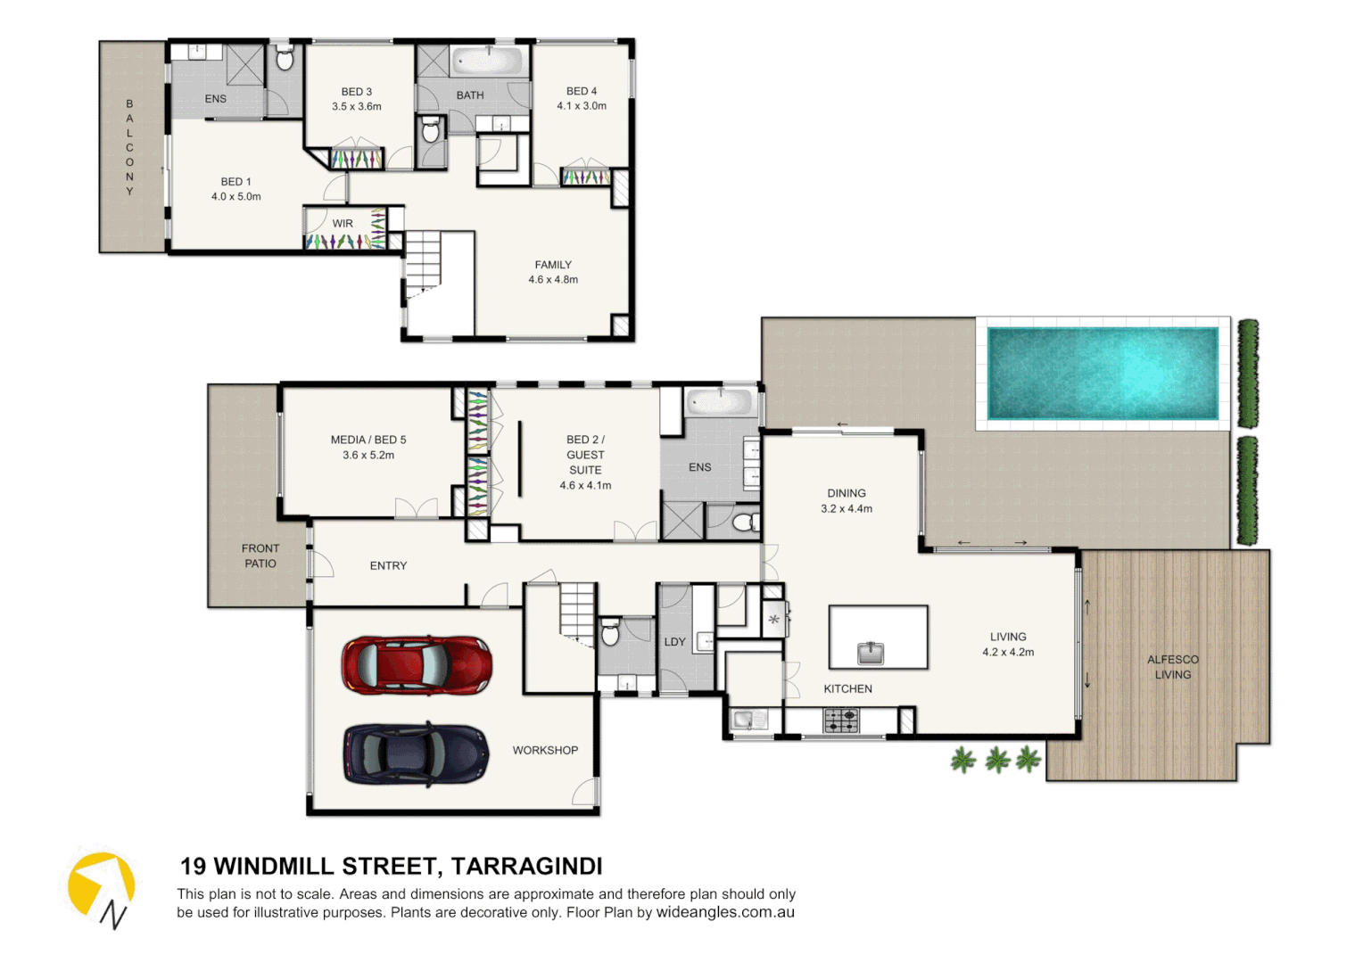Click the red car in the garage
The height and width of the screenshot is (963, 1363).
point(417,665)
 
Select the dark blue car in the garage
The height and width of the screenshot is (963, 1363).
point(417,753)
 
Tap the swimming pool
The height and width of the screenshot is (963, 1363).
point(1103,374)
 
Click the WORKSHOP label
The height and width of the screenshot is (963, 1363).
point(545,751)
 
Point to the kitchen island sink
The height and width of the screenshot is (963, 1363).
point(870,654)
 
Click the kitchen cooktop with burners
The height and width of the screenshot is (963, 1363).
point(840,720)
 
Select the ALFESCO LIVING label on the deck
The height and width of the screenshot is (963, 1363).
point(1172,667)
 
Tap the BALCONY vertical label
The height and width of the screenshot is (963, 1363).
point(130,148)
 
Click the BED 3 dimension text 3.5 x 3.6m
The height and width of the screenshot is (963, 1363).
point(357,107)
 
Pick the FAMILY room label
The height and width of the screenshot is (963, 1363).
point(553,265)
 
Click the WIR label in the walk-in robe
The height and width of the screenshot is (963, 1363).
point(343,224)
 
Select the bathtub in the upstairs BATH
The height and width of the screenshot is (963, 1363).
point(487,62)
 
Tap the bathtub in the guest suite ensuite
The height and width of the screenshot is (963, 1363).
point(720,402)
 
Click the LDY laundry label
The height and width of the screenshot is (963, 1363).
point(674,642)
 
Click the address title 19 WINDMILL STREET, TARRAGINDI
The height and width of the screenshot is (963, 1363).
point(391,867)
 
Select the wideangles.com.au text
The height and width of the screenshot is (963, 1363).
point(725,912)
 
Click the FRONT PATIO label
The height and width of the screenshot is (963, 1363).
point(260,556)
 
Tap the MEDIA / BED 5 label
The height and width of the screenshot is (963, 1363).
point(368,440)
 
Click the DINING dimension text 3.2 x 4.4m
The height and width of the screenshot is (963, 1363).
point(847,509)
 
